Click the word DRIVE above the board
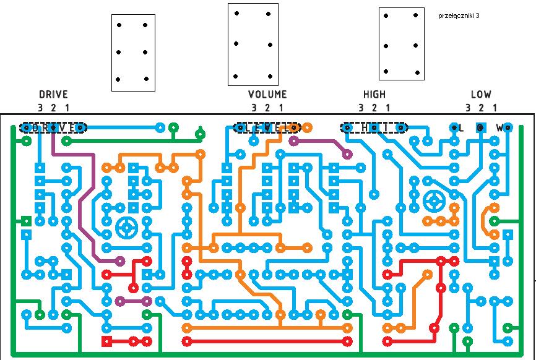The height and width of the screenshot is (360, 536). tap(53, 95)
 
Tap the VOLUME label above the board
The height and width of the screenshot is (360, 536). tap(267, 95)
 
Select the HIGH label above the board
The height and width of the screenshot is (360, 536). tap(374, 95)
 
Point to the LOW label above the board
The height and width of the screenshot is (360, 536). tap(481, 95)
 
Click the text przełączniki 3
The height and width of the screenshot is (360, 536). tap(458, 15)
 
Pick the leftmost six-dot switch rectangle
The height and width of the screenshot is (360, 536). tap(132, 53)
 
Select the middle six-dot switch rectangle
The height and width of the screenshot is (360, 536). tap(253, 45)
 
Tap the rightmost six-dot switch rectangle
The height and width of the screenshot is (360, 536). tap(402, 44)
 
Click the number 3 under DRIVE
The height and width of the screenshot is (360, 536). tap(40, 108)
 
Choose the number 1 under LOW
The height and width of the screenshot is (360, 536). tap(495, 108)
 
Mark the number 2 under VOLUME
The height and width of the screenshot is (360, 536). tap(267, 108)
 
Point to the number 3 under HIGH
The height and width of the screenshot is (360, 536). tap(361, 108)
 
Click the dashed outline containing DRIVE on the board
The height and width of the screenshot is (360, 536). tap(53, 127)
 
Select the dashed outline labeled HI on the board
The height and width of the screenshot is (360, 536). tap(374, 127)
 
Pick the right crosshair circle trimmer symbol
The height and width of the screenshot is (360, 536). tap(435, 200)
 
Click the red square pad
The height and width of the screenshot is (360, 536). tap(106, 341)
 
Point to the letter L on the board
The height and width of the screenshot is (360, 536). tap(461, 128)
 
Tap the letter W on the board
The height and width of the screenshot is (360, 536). tap(499, 128)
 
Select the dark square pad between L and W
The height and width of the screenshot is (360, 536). tap(481, 127)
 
